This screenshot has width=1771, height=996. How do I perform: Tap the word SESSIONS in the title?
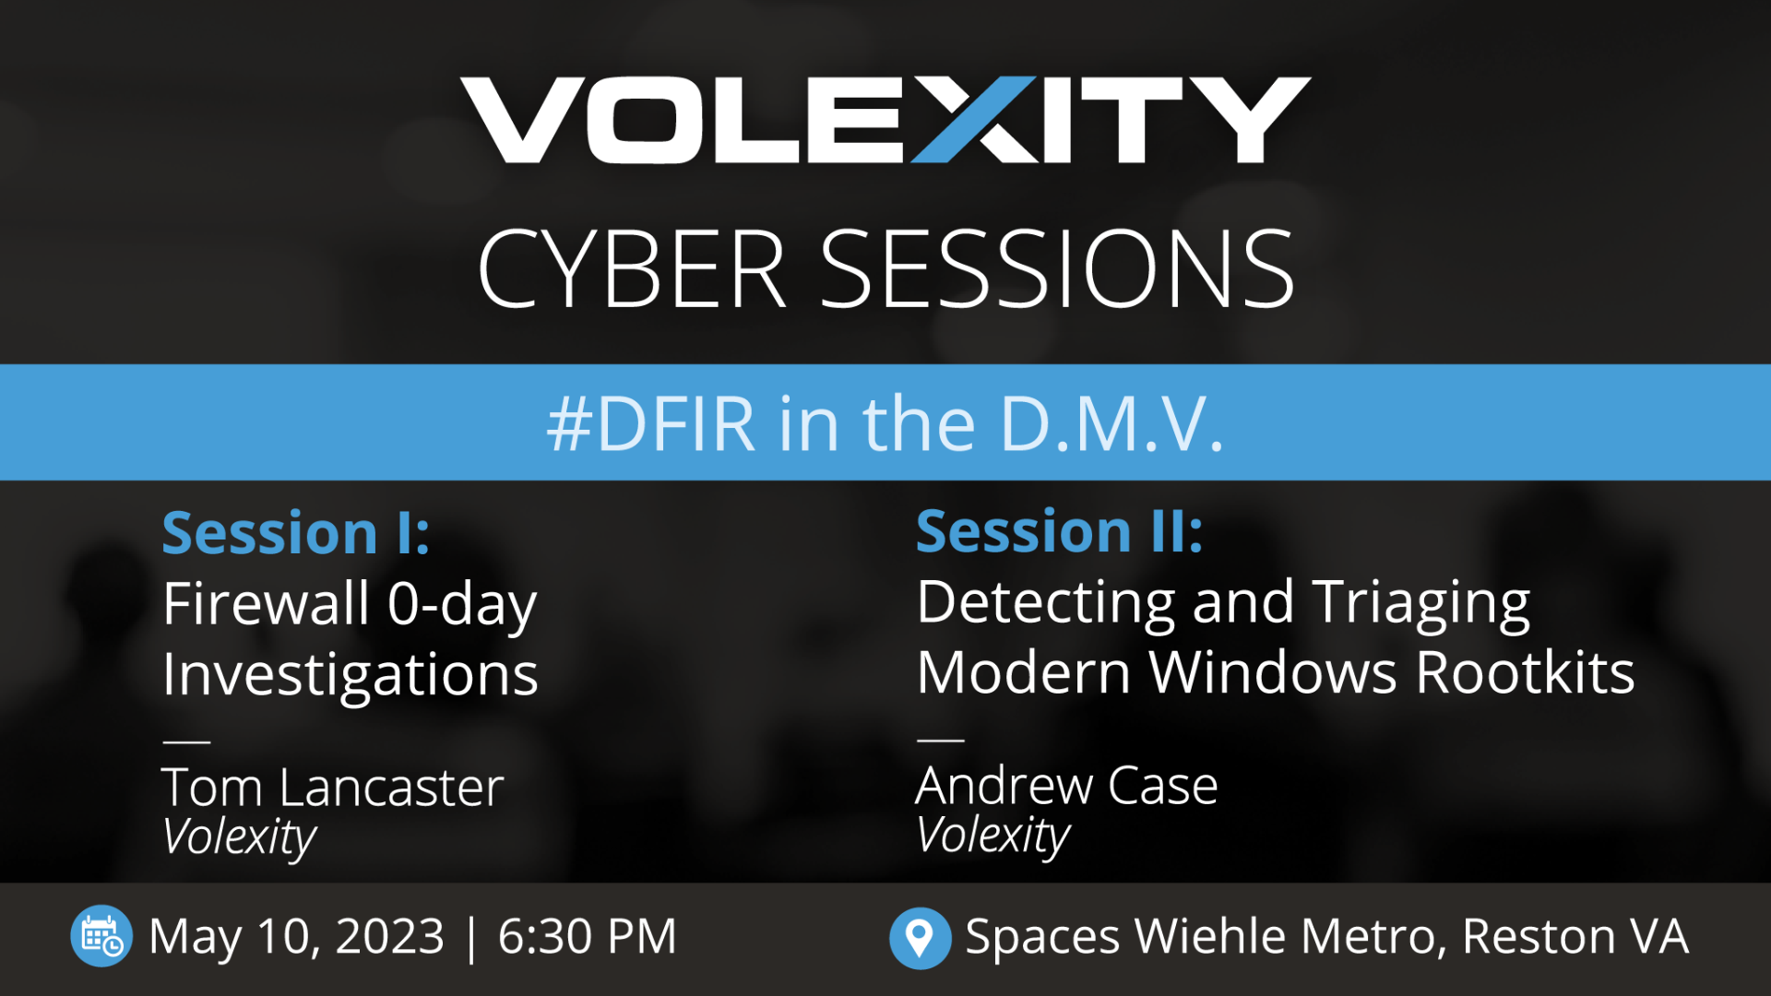[1058, 269]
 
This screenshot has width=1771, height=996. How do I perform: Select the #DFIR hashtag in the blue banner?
[651, 424]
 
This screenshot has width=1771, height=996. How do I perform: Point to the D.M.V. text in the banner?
[1112, 424]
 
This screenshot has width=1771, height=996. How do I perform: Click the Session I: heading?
[296, 533]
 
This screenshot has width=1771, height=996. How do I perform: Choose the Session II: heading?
[1060, 531]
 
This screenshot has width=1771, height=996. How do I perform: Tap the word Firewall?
[266, 604]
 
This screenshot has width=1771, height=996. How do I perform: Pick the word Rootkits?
[1525, 672]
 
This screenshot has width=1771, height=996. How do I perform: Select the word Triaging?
[1421, 604]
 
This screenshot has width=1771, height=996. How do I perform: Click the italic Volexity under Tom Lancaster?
[240, 837]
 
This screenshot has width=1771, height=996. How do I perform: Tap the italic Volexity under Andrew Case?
[993, 836]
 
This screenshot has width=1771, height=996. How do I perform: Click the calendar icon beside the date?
[101, 936]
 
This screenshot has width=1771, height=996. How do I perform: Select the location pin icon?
[920, 938]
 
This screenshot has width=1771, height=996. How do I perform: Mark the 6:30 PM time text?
[588, 937]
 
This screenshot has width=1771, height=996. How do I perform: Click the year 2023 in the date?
[390, 937]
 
